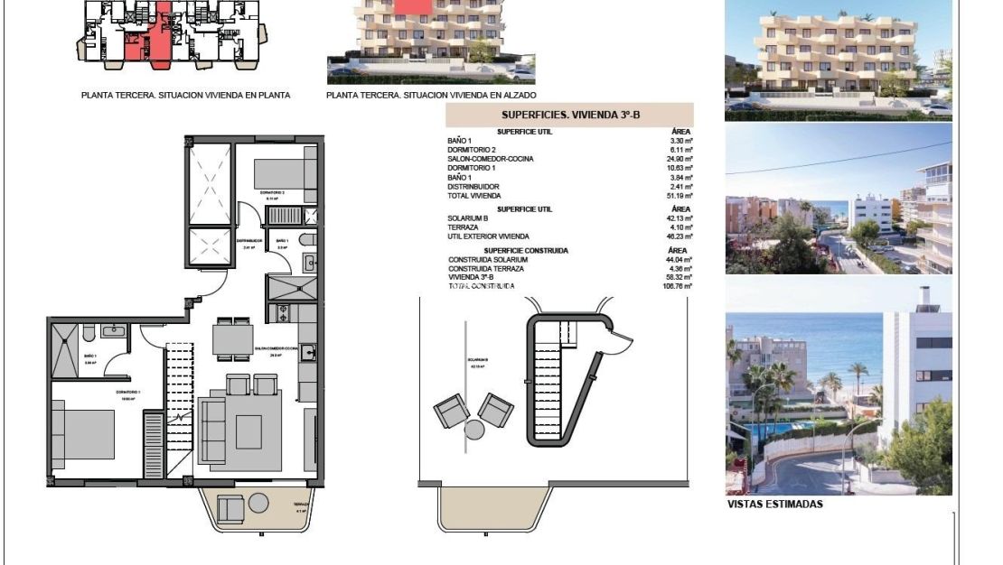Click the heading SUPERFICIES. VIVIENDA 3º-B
point(557,116)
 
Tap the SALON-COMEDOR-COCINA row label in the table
point(491,159)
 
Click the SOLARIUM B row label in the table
point(469,218)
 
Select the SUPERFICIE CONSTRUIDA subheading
point(526,250)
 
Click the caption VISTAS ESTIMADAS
point(775,505)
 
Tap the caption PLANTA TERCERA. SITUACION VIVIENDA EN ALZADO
point(431,95)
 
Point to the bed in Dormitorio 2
point(283,171)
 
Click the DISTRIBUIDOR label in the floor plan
point(249,241)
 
